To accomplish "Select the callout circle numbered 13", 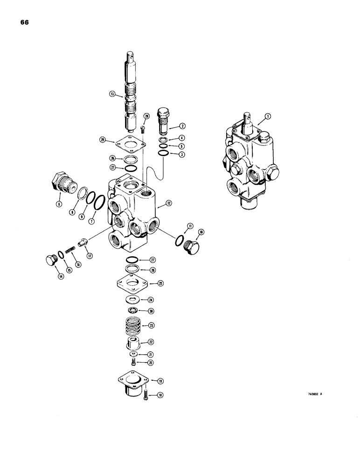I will point(112,94).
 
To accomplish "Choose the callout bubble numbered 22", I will point(151,342).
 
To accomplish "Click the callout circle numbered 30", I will point(151,311).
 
